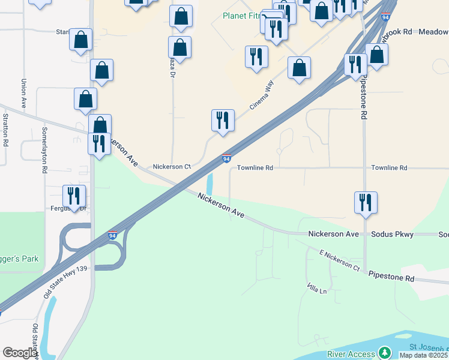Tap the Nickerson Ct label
(171, 167)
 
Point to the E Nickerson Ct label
(339, 259)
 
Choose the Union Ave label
(24, 94)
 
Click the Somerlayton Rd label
(44, 150)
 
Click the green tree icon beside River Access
(384, 353)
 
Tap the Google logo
(20, 353)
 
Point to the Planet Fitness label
(243, 16)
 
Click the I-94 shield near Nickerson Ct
(226, 159)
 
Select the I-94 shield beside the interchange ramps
(113, 236)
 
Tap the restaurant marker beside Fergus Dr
(74, 196)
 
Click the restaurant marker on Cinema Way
(223, 120)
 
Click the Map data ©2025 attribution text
(424, 355)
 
